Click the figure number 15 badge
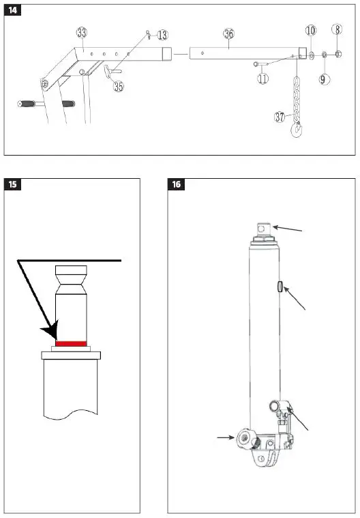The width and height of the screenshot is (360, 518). click(x=12, y=184)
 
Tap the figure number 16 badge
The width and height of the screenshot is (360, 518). click(x=177, y=184)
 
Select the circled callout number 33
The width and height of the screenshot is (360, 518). click(x=82, y=33)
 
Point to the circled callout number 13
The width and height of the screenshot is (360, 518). click(x=162, y=35)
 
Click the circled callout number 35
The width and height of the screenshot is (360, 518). click(x=119, y=87)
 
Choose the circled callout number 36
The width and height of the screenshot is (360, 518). click(x=228, y=33)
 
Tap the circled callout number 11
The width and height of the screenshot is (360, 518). click(x=263, y=78)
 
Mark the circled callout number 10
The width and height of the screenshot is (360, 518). click(x=311, y=31)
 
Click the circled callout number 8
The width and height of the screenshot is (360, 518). click(x=337, y=29)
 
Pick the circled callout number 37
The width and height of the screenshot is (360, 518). click(x=280, y=117)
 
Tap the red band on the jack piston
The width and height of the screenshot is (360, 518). click(x=70, y=343)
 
